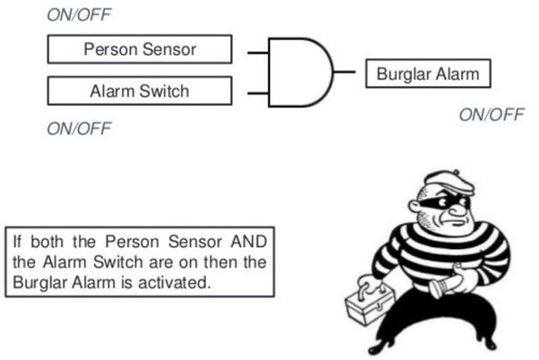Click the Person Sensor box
139,48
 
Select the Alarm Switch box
139,90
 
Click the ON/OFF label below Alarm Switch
80,128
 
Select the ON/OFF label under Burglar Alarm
492,114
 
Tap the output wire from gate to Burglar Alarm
349,72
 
